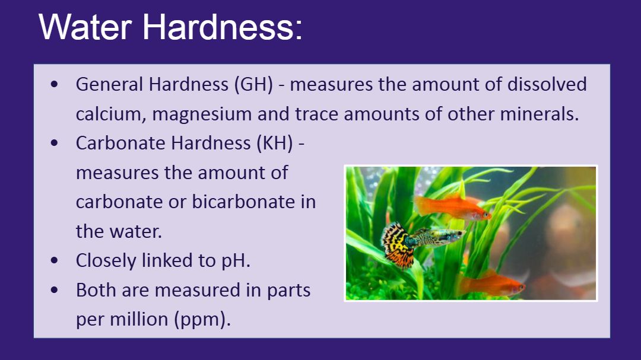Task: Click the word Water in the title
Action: point(85,27)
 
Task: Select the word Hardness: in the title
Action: point(223,27)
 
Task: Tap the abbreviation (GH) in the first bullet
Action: point(253,85)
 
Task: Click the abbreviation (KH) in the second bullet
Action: point(275,144)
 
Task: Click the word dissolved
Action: point(547,84)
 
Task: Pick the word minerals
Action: point(540,114)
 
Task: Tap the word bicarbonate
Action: point(243,202)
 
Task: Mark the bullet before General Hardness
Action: point(55,85)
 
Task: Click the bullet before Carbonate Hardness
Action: point(55,143)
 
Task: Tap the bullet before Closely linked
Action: point(55,260)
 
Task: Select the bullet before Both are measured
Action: point(55,289)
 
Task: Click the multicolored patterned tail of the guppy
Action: point(397,245)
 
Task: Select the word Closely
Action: point(106,261)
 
